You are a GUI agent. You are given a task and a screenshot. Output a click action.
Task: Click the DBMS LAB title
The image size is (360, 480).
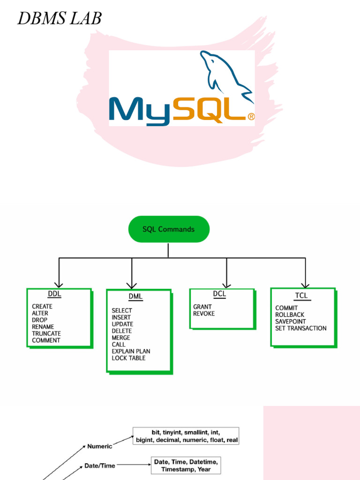click(x=59, y=19)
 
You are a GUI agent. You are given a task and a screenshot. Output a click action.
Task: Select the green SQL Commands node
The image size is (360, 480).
click(x=168, y=229)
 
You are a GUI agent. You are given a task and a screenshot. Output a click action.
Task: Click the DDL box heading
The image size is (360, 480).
click(x=54, y=294)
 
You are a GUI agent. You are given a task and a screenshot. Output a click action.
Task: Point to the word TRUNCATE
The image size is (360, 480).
click(x=46, y=334)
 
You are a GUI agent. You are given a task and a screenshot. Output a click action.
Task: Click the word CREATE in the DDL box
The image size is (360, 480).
click(x=42, y=307)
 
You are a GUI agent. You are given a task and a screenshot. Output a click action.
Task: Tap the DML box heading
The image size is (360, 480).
click(x=135, y=297)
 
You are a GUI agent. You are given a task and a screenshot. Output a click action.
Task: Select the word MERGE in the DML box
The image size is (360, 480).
click(x=121, y=338)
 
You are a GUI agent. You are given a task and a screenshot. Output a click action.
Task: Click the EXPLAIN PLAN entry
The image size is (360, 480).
click(x=131, y=352)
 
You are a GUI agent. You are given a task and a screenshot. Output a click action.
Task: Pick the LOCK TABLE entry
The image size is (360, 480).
click(x=128, y=358)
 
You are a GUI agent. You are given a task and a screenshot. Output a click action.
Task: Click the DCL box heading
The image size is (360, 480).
click(x=219, y=294)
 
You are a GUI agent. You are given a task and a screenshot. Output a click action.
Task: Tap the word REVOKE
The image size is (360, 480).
click(x=204, y=314)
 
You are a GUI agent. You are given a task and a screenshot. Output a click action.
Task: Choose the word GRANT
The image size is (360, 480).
click(x=202, y=307)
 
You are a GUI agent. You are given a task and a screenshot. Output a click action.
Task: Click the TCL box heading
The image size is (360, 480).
click(x=301, y=296)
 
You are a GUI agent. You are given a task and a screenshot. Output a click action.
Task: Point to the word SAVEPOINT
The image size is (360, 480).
click(x=291, y=322)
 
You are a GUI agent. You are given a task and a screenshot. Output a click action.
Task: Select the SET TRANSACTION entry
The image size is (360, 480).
click(x=301, y=329)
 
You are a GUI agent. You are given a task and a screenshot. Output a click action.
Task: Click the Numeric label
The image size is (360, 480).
click(x=99, y=447)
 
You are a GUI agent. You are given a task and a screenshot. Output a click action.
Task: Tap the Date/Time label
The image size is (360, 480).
click(x=100, y=466)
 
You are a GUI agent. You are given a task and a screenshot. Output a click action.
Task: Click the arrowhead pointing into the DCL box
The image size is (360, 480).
click(x=226, y=285)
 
